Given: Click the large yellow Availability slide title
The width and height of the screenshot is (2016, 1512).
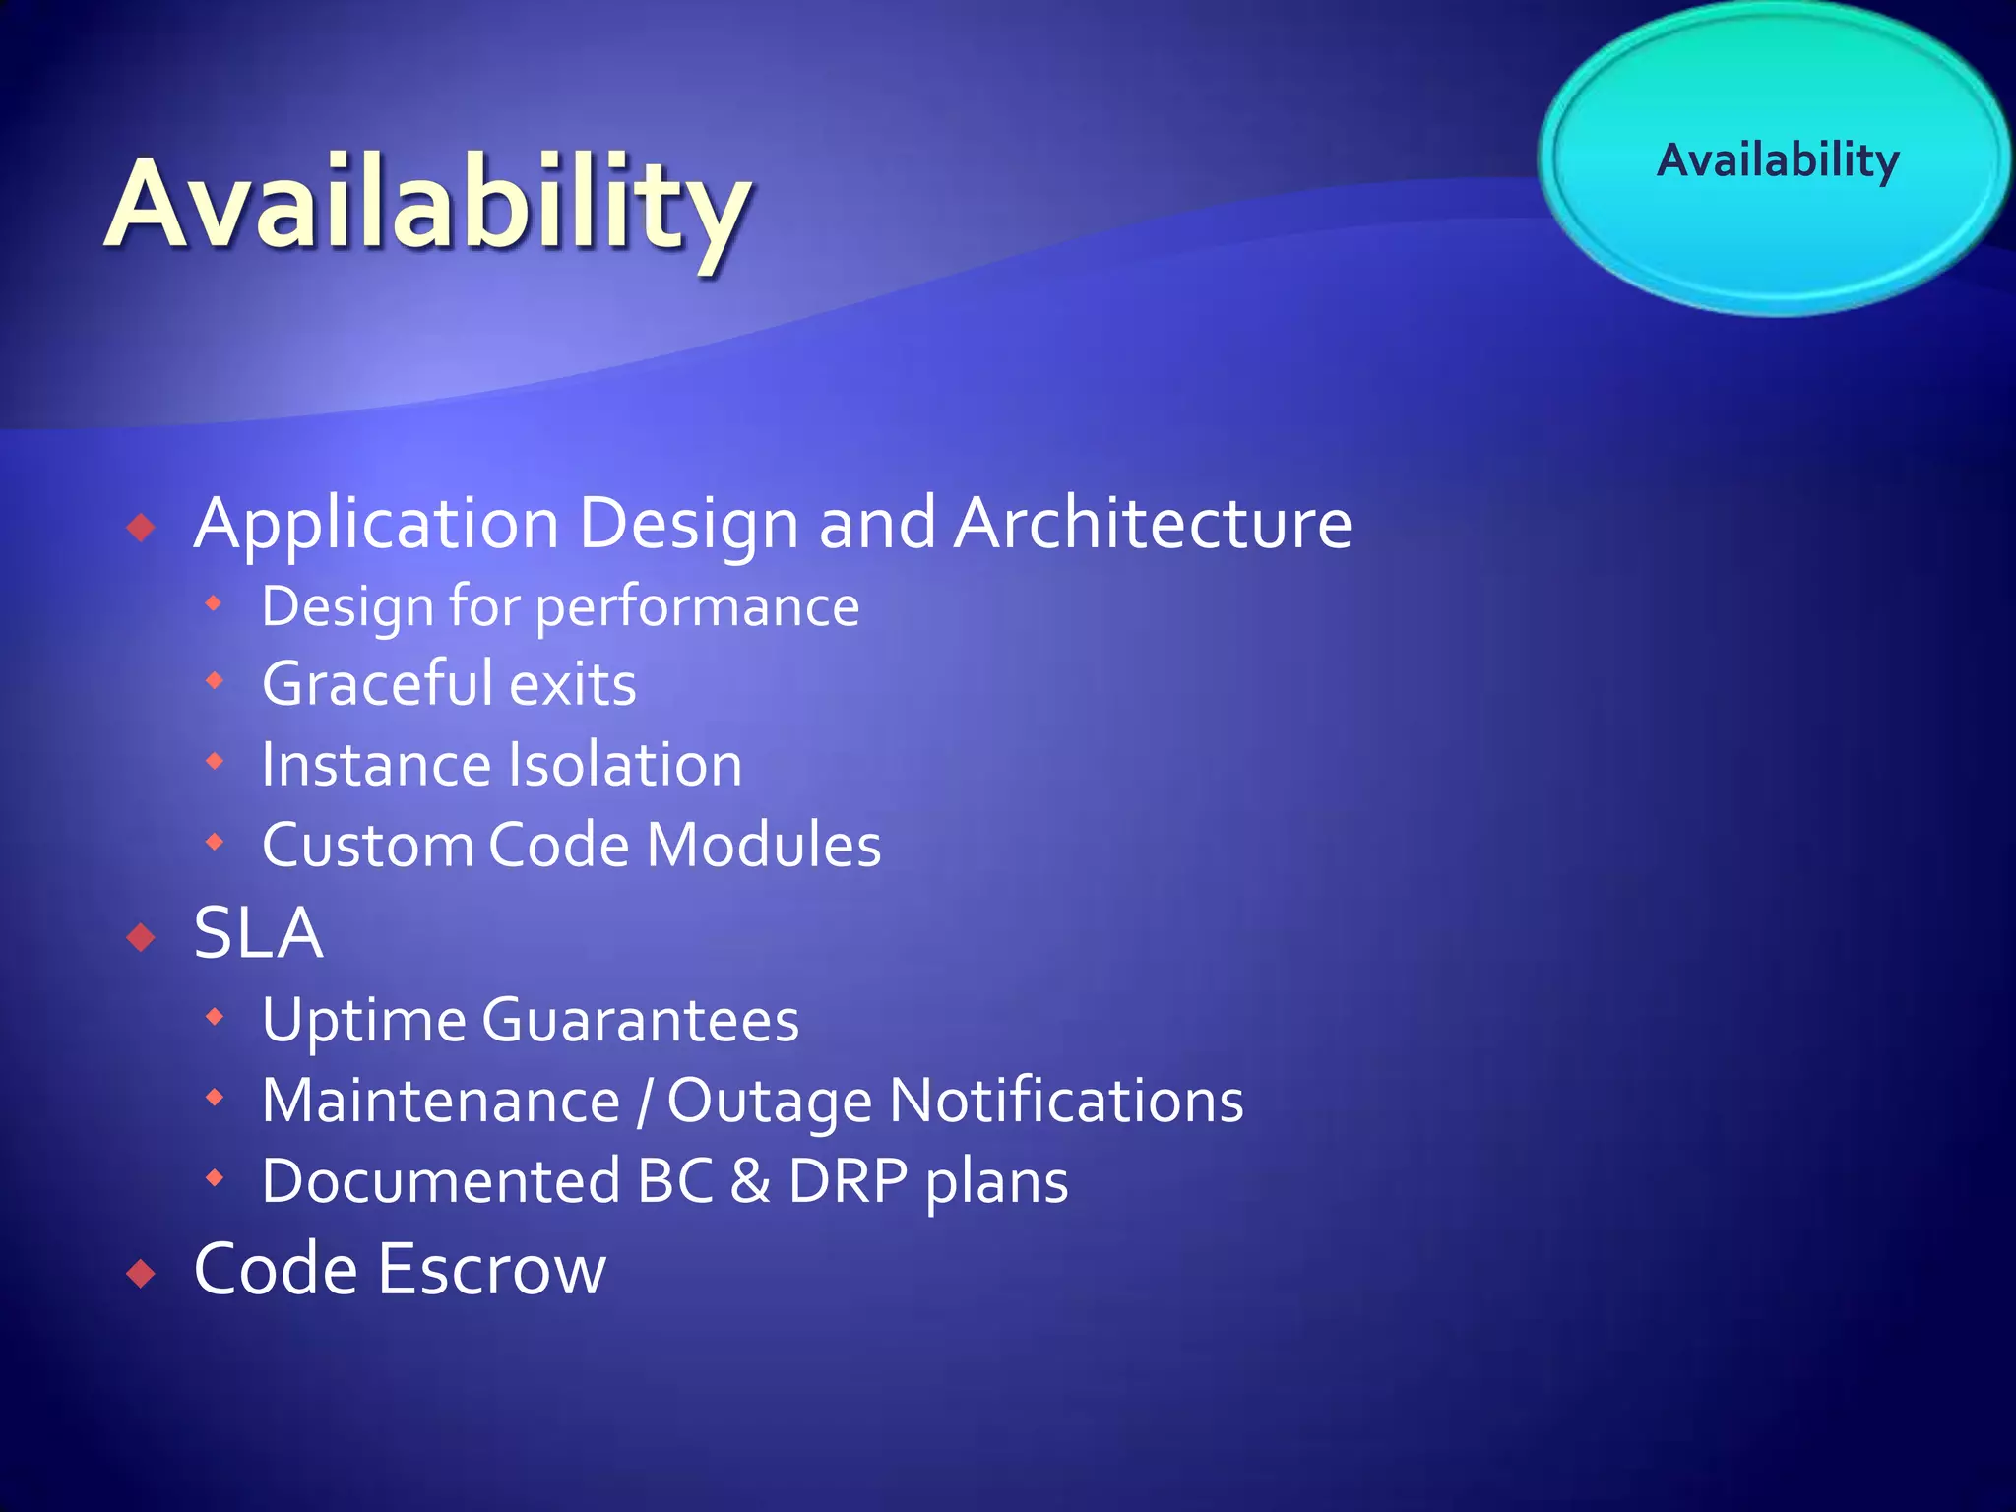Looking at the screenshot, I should pos(428,207).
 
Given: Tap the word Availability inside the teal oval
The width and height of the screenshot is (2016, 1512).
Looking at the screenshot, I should pos(1778,159).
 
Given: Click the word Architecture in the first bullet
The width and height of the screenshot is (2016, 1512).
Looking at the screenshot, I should pos(1153,523).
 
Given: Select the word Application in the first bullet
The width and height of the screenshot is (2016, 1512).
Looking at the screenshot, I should pos(377,525).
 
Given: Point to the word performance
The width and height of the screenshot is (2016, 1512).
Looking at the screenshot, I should pos(697,607).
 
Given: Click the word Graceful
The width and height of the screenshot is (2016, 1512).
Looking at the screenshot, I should pos(376,684).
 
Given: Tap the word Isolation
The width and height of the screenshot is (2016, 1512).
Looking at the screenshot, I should pos(625,765).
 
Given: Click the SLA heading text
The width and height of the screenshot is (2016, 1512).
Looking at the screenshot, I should pos(258,933).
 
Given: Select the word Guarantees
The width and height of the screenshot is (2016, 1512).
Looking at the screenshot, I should pos(640,1020).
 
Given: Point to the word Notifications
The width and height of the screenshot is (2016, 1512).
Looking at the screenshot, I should pos(1066,1101).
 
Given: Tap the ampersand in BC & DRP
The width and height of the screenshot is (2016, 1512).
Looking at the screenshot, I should pos(750,1181).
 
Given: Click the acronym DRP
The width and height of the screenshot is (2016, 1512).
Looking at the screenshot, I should pos(848,1181).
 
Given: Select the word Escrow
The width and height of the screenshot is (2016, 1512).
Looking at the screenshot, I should pos(491,1270).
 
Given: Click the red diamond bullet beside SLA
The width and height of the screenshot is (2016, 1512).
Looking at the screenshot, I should pos(142,938).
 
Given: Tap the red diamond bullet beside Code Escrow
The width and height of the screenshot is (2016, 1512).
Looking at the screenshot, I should pos(142,1275).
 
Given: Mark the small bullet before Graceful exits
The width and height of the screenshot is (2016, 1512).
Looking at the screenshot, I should pos(215,680).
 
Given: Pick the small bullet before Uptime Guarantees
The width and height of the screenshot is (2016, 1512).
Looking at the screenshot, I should pos(215,1016).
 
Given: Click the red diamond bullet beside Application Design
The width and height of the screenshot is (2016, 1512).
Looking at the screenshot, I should pos(142,528).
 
